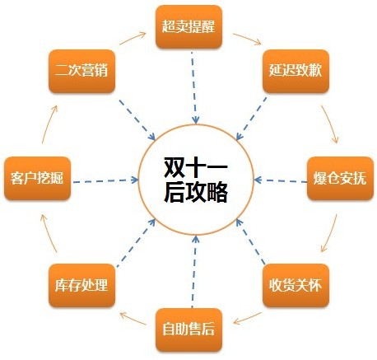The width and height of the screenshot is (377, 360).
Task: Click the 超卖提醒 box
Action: pos(188,27)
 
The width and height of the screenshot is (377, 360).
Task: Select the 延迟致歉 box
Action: pos(296,71)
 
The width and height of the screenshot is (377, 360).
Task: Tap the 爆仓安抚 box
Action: pos(340,178)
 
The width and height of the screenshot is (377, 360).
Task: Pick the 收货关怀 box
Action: pos(296,285)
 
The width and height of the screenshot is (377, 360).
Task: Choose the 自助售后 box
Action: pos(188,330)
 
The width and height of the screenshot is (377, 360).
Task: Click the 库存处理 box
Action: pos(81,285)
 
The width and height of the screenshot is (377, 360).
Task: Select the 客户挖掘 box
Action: pos(37,178)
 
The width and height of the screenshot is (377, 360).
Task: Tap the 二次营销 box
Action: pos(81,71)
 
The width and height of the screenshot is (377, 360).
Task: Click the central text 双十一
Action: pos(196,167)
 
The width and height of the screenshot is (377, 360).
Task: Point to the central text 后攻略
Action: pos(196,192)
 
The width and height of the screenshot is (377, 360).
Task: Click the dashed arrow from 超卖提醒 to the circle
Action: pos(193,88)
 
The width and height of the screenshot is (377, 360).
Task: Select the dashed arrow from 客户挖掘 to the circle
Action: pos(105,180)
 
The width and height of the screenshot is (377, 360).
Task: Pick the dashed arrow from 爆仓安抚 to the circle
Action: pos(281,180)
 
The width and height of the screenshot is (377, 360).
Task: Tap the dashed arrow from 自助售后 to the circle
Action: pos(194,271)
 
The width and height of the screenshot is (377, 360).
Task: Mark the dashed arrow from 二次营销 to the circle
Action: pos(137,120)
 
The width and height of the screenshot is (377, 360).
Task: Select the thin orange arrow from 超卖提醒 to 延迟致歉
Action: pos(247,39)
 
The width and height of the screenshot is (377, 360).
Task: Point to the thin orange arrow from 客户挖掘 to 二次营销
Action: pos(49,124)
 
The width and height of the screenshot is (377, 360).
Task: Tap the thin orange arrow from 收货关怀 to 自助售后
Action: pos(247,318)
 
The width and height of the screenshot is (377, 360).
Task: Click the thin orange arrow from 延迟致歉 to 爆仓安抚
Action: pos(330,124)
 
